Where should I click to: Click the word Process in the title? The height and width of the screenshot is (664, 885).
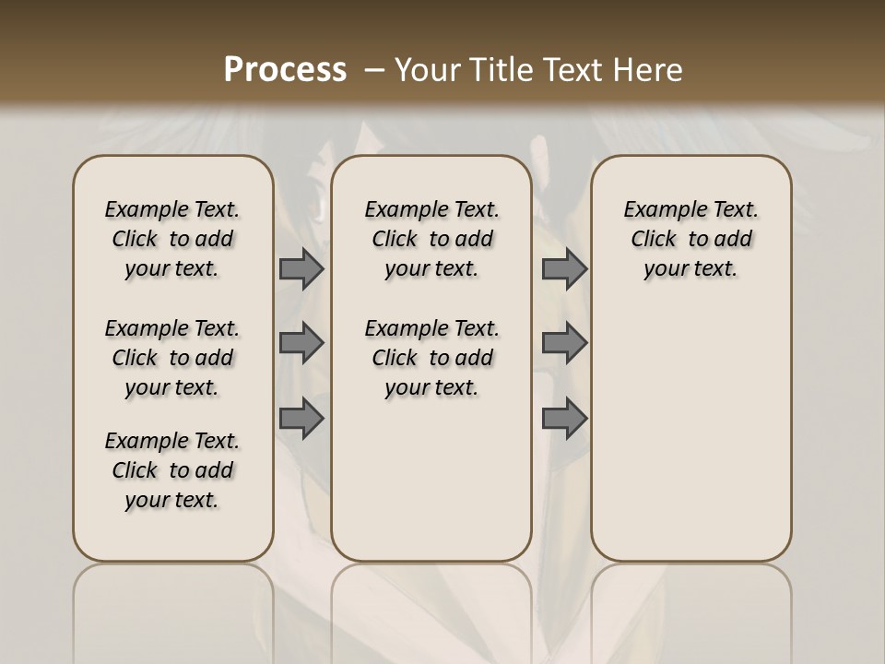285,70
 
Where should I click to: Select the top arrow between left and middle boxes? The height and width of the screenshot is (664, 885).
301,268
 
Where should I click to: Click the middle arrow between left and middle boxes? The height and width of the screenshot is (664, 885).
301,343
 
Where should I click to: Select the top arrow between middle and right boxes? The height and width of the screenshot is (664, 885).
564,268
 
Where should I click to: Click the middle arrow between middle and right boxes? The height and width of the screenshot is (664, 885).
564,343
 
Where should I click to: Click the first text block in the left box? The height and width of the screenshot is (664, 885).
172,239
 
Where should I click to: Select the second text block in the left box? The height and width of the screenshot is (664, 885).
172,358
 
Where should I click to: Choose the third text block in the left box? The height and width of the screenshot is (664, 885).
172,470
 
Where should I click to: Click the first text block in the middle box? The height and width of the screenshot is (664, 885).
431,239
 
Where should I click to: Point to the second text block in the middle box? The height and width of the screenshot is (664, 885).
431,358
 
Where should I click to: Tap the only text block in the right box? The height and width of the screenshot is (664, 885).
690,239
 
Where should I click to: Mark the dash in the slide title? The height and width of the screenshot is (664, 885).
375,70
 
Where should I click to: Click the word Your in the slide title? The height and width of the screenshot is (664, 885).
428,70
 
